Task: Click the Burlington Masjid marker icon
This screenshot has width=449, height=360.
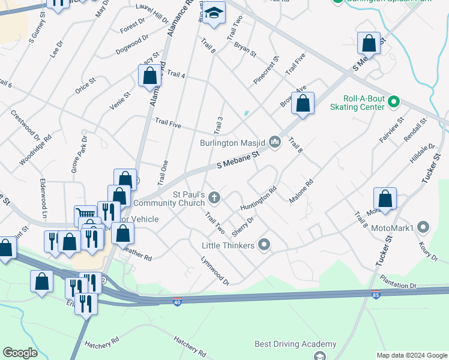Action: point(275,142)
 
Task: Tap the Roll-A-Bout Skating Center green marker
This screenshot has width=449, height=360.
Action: point(394,100)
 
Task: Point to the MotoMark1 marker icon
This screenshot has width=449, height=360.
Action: point(423,227)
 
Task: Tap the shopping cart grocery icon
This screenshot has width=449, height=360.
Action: point(85,214)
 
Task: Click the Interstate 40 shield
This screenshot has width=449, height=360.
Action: point(177,301)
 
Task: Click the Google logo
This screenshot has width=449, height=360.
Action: point(20,353)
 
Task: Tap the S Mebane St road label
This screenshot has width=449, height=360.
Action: point(237,159)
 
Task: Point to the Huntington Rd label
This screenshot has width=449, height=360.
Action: point(259,198)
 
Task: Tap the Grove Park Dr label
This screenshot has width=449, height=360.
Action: point(79,154)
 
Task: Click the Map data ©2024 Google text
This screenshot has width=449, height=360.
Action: point(411,355)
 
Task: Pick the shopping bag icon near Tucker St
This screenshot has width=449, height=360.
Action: point(385,198)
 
